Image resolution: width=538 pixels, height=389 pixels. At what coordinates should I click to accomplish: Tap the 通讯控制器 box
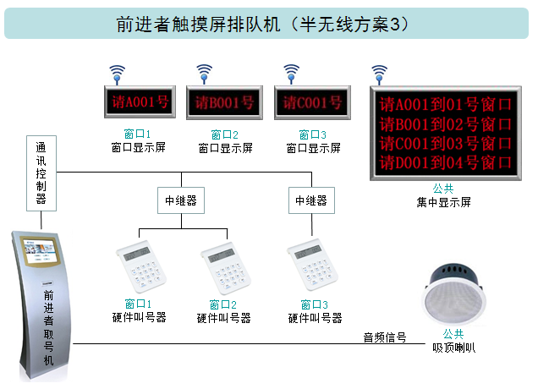[x=41, y=173]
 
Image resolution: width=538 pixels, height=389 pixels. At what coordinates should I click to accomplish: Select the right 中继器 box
[x=310, y=201]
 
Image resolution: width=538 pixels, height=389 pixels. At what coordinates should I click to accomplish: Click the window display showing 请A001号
[x=137, y=104]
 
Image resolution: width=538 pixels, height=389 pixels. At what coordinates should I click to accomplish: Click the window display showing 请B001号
[x=225, y=104]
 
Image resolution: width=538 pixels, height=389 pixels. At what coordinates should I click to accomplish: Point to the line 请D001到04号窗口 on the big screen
[x=447, y=162]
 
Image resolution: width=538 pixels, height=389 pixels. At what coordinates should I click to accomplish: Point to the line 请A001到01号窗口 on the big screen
[x=447, y=106]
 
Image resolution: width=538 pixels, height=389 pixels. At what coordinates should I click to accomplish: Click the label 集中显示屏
[x=443, y=202]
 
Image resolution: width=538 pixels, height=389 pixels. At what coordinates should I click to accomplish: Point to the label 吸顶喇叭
[x=453, y=347]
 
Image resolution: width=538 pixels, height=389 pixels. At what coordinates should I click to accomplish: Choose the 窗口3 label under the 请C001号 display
[x=313, y=134]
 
